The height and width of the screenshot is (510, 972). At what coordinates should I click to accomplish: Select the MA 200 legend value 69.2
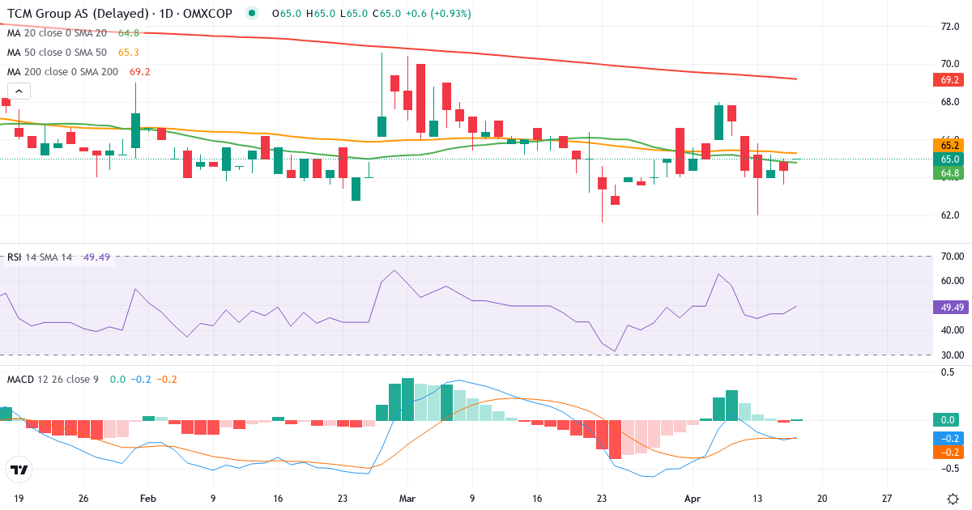140,72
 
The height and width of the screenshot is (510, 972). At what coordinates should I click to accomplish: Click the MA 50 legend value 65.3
129,53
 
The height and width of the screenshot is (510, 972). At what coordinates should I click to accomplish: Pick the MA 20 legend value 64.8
129,33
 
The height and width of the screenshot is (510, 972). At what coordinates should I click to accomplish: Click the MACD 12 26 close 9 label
53,379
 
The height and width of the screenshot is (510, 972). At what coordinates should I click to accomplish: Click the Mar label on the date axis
407,499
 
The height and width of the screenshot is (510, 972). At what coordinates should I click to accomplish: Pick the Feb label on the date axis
147,499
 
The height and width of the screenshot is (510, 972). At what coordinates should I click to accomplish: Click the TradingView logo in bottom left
19,470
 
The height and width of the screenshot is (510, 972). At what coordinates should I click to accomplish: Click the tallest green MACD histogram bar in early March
407,400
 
